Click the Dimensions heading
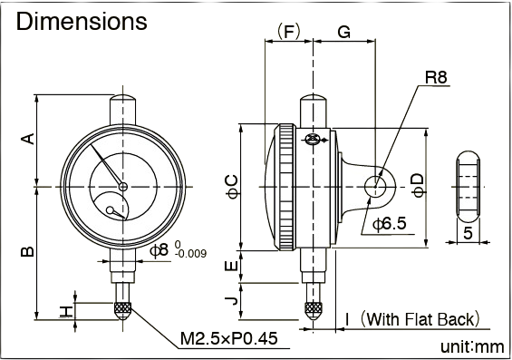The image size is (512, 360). (x=82, y=22)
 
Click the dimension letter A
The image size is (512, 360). (x=28, y=139)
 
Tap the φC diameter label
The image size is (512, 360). (x=233, y=187)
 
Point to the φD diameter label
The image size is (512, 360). (x=419, y=185)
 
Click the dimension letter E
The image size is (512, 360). (x=232, y=267)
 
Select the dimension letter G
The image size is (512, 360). (x=343, y=32)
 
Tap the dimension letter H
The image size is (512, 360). (x=66, y=311)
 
